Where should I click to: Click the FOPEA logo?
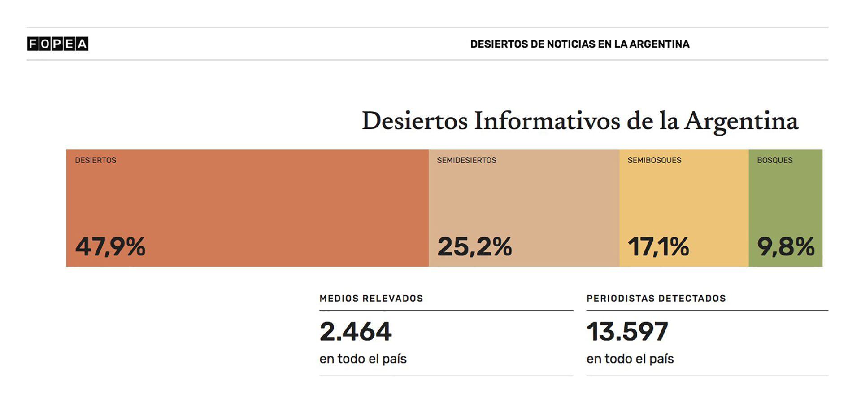pos(57,44)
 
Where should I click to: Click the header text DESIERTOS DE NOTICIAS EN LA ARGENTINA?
pos(579,44)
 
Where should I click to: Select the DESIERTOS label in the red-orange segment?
pos(96,160)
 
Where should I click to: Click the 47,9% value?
pos(110,246)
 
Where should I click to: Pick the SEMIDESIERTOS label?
pos(466,160)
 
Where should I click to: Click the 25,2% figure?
pos(474,246)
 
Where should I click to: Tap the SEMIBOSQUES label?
pos(654,160)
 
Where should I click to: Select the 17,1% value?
pos(658,246)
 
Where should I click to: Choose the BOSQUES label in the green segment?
pos(774,160)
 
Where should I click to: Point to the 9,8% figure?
pos(786,246)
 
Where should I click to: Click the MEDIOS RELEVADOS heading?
pos(371,299)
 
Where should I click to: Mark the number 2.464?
pos(355,332)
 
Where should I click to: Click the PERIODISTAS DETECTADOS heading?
pos(656,299)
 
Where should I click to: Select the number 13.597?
pos(627,332)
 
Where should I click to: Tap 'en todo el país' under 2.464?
pos(363,359)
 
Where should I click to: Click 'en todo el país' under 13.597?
pos(630,359)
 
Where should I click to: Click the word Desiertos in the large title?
pos(414,121)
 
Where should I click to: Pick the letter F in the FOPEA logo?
pos(33,44)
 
